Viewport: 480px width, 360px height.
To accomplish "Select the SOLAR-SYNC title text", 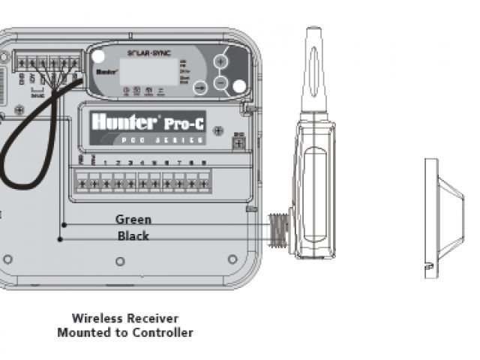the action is pos(147,52).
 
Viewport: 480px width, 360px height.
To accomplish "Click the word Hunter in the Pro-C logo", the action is pos(123,121).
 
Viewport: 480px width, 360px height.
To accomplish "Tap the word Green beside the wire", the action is pos(133,220).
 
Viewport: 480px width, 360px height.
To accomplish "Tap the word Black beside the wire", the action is pos(133,236).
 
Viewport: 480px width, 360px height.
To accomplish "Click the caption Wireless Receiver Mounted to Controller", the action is pos(124,325).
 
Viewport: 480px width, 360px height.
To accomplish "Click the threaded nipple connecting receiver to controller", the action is pos(279,228).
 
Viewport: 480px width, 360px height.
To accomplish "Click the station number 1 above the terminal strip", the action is pos(106,163).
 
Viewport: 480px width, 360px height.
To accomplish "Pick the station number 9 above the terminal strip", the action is pos(203,163).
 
